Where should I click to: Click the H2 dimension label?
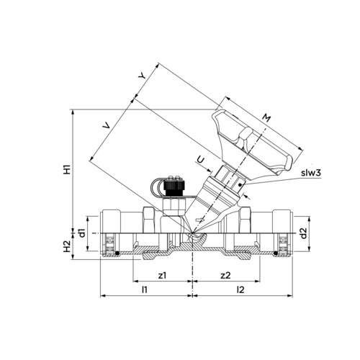coord(67,246)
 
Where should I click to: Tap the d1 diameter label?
coord(82,233)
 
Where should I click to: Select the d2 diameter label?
coord(304,233)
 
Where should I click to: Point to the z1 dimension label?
coord(162,275)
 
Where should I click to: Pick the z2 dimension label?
coord(225,275)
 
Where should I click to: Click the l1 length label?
coord(144,289)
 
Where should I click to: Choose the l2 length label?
coord(240,289)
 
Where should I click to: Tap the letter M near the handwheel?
coord(266,117)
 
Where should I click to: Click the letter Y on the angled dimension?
coord(142,76)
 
